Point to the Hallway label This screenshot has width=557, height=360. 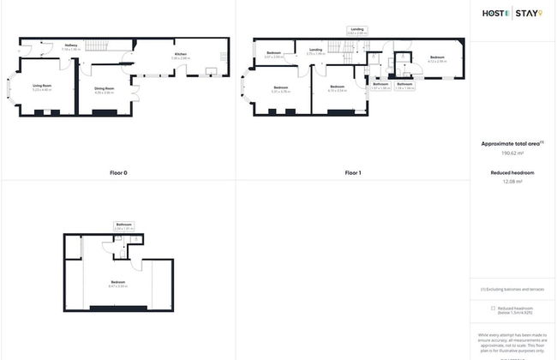[x=71, y=46]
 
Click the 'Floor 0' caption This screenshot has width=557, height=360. [x=118, y=173]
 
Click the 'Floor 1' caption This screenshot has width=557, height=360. [x=352, y=173]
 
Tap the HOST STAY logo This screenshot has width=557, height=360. [x=512, y=13]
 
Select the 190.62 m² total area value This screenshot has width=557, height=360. [x=512, y=153]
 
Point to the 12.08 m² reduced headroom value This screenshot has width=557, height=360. [x=512, y=182]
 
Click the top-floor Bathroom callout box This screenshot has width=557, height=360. [x=124, y=226]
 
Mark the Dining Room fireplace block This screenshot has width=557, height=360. [x=105, y=111]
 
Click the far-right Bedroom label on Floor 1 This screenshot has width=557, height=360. [x=437, y=58]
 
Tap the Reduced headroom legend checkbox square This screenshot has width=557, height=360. [x=493, y=308]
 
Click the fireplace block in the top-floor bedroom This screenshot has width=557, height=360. [x=118, y=307]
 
